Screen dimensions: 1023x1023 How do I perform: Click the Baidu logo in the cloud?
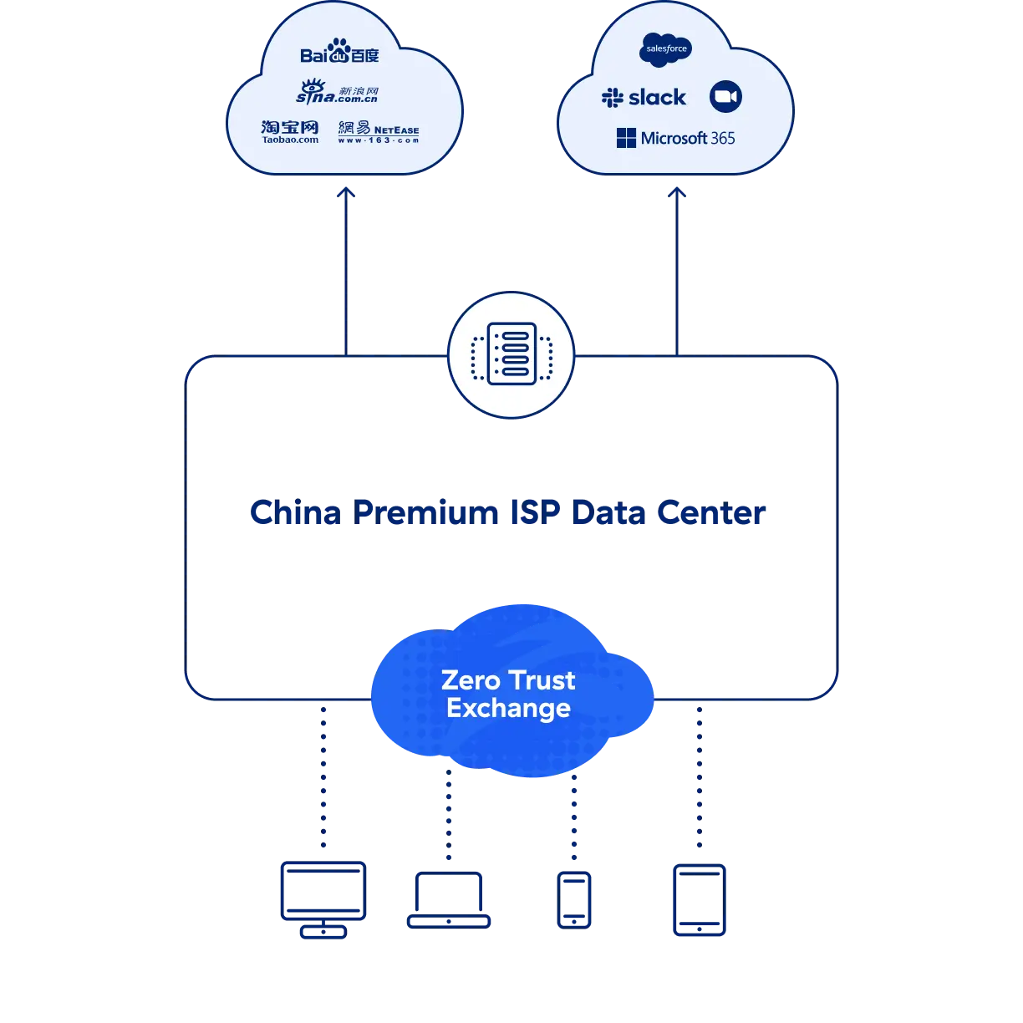pos(339,53)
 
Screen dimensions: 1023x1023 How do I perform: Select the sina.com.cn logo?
pos(338,91)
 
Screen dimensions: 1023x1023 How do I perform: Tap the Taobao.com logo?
pos(290,131)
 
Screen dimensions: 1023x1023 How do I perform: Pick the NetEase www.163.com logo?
pos(379,132)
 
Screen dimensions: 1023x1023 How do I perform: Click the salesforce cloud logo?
pos(666,49)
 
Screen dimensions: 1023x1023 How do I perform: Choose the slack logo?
pos(644,98)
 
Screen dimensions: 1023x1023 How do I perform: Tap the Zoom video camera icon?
pos(725,97)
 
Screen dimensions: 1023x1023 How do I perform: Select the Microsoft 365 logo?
pos(675,138)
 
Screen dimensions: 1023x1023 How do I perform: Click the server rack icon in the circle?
pos(511,354)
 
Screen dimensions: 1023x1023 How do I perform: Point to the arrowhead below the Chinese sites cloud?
pos(344,193)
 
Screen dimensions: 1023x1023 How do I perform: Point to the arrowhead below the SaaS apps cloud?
pos(677,193)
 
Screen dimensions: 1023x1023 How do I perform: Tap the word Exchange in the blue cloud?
pos(508,709)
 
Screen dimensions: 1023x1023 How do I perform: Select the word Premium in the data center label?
pos(426,511)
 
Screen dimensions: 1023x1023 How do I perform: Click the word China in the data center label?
pos(295,511)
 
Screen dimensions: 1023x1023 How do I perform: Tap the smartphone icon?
pos(574,898)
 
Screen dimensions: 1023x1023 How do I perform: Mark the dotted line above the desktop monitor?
pos(323,777)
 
